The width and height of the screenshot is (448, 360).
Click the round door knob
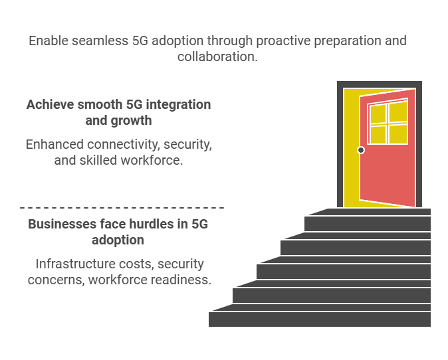click(x=361, y=150)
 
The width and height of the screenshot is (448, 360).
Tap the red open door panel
click(x=387, y=171)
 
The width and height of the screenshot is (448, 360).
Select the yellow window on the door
click(x=388, y=122)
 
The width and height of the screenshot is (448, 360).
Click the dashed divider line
click(x=122, y=208)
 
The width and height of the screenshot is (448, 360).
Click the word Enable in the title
click(x=49, y=41)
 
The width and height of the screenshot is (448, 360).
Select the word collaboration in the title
click(x=217, y=56)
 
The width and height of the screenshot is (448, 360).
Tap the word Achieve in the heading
click(x=51, y=104)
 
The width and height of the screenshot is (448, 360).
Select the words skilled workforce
click(x=131, y=160)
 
